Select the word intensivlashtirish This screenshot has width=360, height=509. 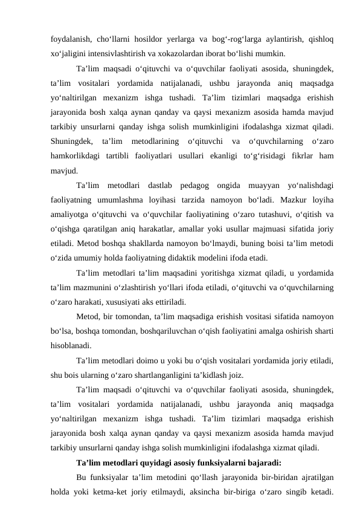pyautogui.click(x=114, y=52)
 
